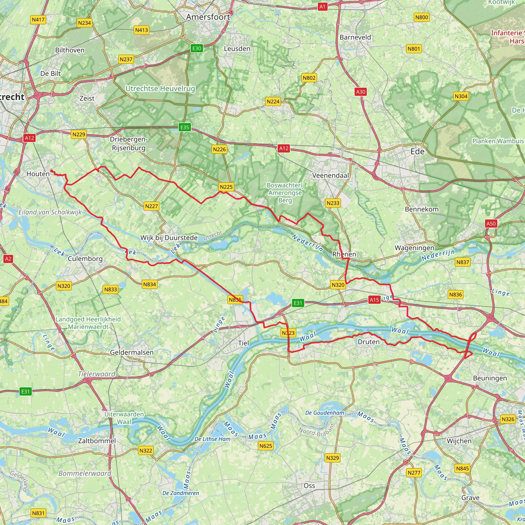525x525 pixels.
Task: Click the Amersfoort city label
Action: (208, 17)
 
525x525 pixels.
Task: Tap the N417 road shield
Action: (38, 19)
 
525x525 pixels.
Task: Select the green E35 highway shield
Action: (185, 127)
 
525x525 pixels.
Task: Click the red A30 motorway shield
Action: (361, 92)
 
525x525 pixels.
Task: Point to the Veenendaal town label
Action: (330, 176)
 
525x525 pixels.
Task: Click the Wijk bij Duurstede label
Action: (169, 238)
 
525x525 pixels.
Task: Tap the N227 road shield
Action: (151, 206)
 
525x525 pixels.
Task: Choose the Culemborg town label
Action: (85, 259)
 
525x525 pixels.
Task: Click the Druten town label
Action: (368, 342)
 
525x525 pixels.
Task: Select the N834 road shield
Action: (149, 284)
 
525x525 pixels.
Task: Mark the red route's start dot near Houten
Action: (51, 171)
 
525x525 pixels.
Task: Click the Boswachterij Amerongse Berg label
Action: (285, 193)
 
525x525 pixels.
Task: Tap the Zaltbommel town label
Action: (97, 441)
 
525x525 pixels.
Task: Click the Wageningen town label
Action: (414, 248)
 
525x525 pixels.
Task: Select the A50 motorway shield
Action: (491, 224)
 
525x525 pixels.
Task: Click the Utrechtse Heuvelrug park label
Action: (160, 89)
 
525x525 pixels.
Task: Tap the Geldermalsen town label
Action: (132, 352)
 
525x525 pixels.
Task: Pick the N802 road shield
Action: (309, 78)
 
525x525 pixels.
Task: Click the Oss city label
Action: (309, 486)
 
